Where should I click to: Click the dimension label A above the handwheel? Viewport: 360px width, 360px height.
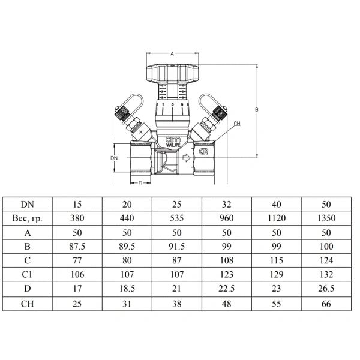[172, 54]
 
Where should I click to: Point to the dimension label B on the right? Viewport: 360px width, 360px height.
[257, 110]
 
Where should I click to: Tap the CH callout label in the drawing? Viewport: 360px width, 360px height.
[237, 124]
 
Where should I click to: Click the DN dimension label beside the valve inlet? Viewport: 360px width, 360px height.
[114, 158]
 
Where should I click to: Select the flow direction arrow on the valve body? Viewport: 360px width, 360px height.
[186, 158]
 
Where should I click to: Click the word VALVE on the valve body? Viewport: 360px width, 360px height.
[173, 145]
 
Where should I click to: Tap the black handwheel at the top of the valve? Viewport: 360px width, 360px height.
[172, 73]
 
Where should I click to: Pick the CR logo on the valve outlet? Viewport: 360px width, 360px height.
[203, 152]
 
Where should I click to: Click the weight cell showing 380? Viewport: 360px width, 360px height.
[77, 218]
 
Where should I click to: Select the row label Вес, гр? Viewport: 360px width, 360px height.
[28, 218]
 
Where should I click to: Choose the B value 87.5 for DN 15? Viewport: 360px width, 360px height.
[77, 247]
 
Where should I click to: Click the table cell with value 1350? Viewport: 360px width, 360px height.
[326, 218]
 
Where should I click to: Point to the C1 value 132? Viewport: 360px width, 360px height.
[326, 274]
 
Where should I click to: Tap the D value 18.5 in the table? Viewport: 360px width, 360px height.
[127, 289]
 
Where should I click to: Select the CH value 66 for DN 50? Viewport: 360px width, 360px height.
[326, 304]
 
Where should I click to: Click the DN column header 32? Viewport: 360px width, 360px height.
[227, 205]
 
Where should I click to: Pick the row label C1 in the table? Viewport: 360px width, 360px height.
[27, 274]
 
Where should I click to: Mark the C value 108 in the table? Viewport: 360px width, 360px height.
[227, 260]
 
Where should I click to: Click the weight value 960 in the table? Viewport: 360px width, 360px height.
[227, 218]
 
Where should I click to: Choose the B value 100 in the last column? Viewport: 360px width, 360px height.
[326, 247]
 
